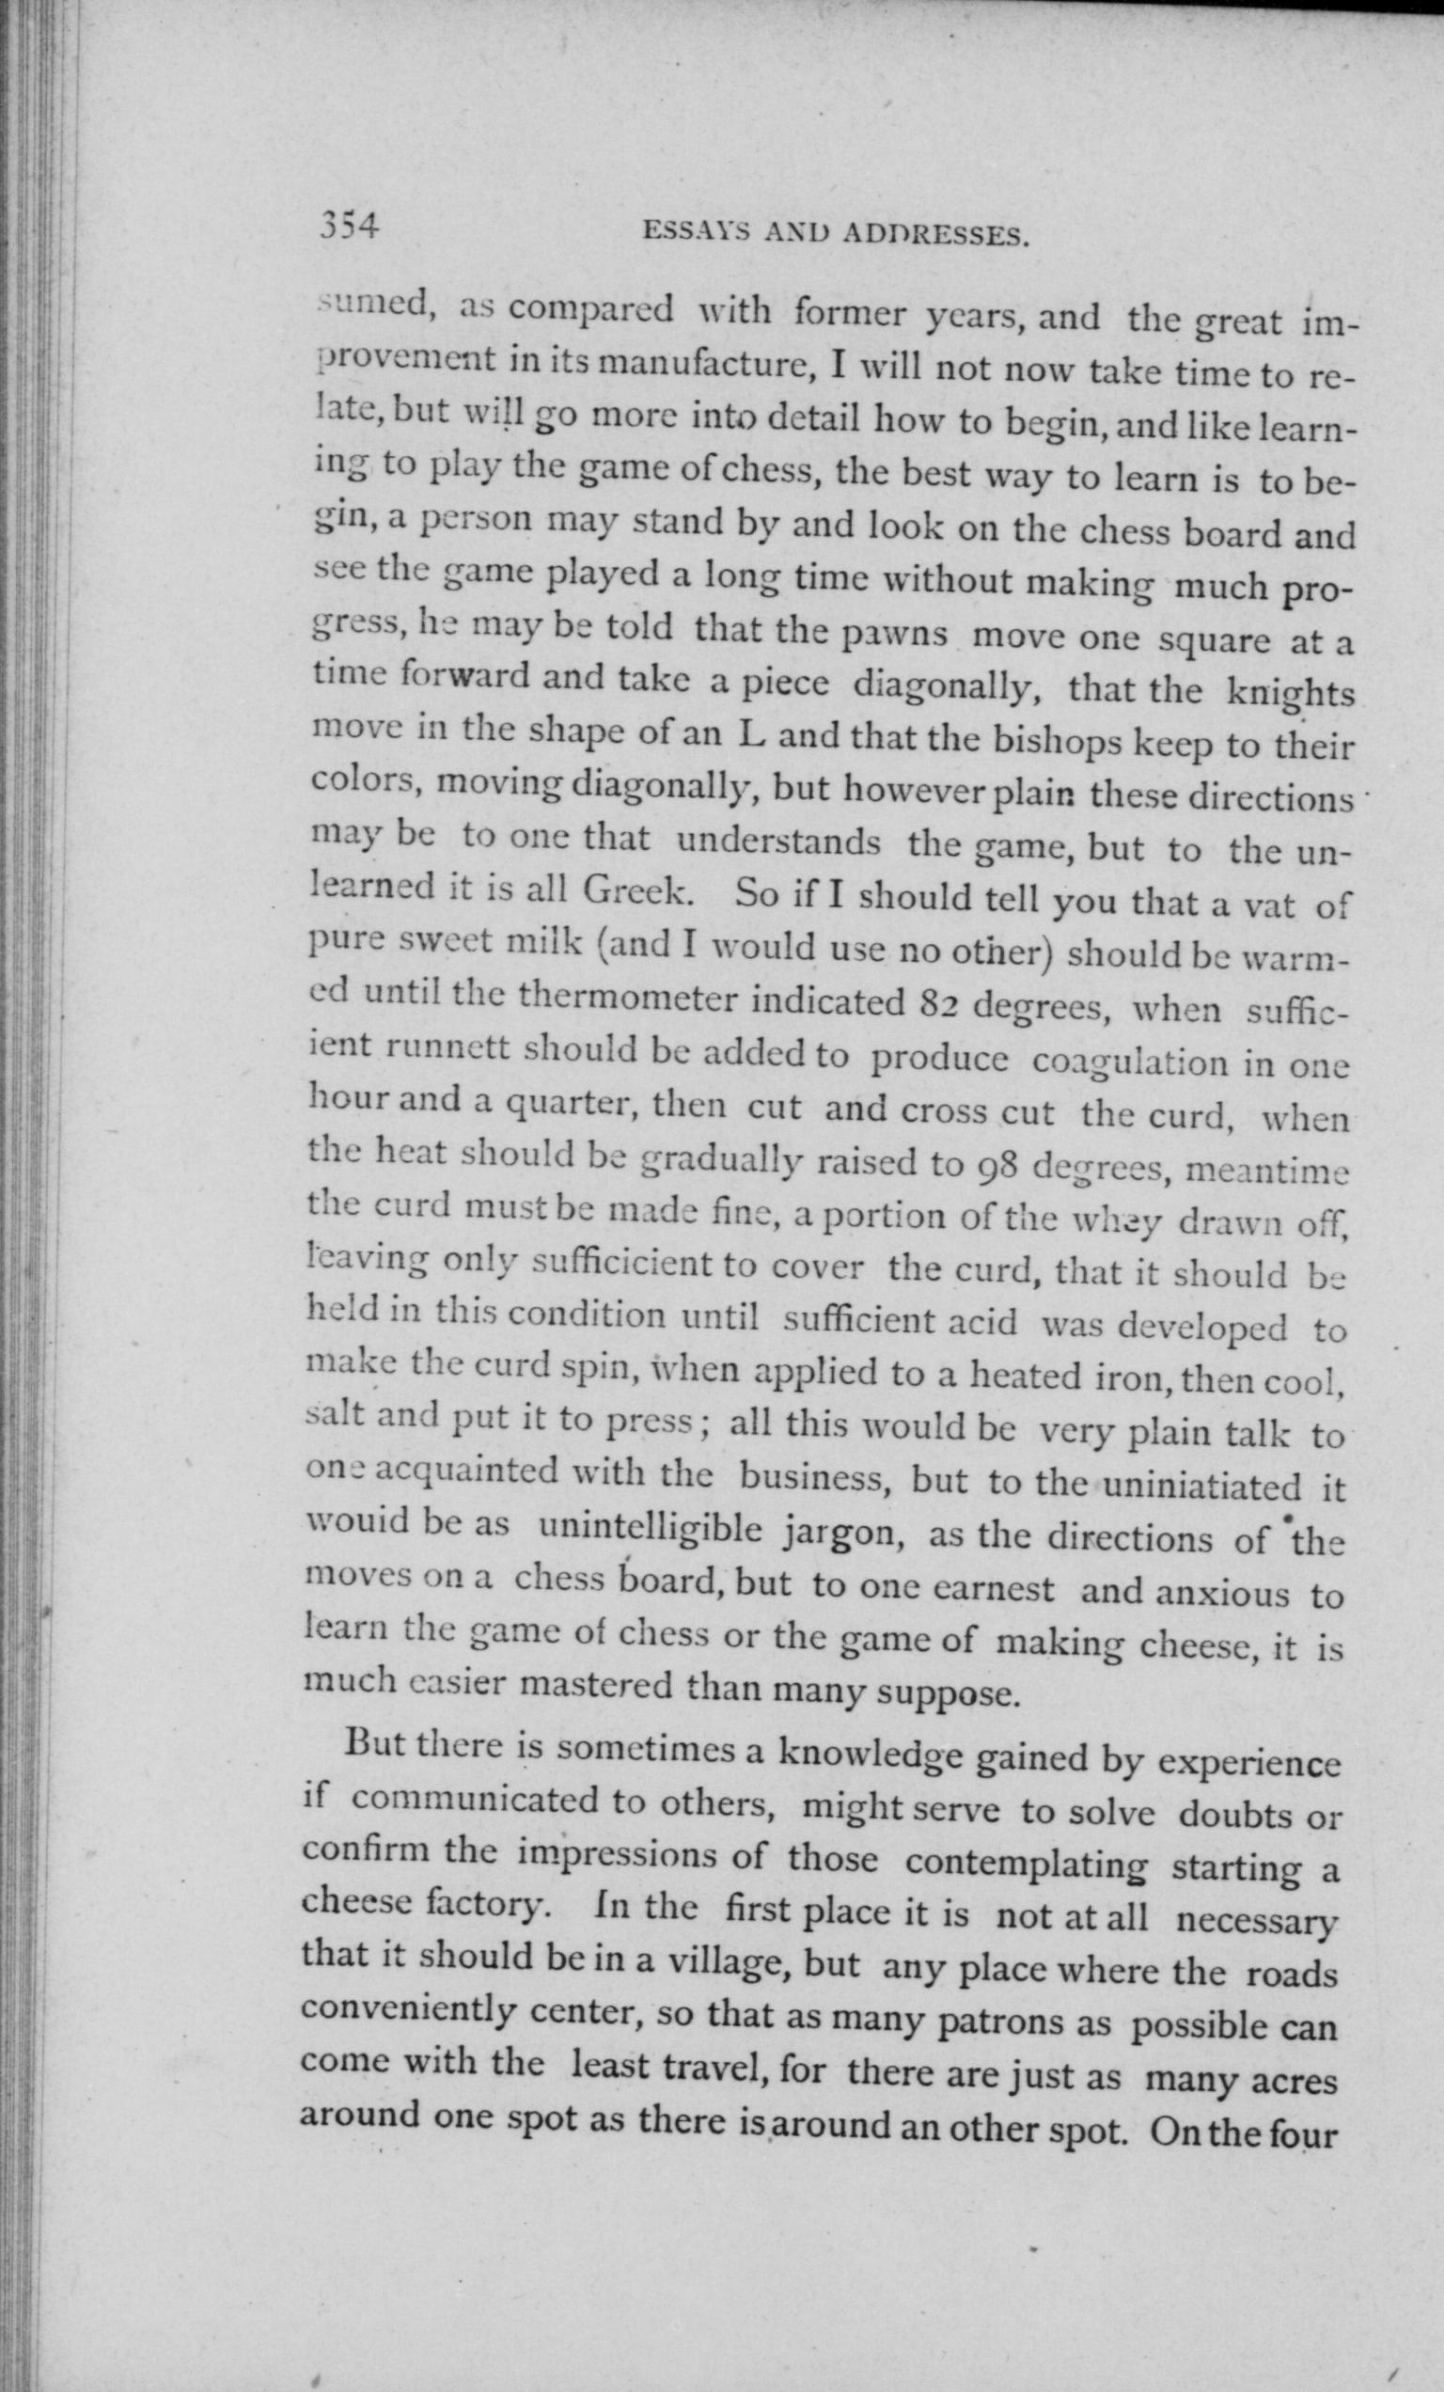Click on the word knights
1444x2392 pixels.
point(1291,695)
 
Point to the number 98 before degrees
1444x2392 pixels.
point(990,1163)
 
